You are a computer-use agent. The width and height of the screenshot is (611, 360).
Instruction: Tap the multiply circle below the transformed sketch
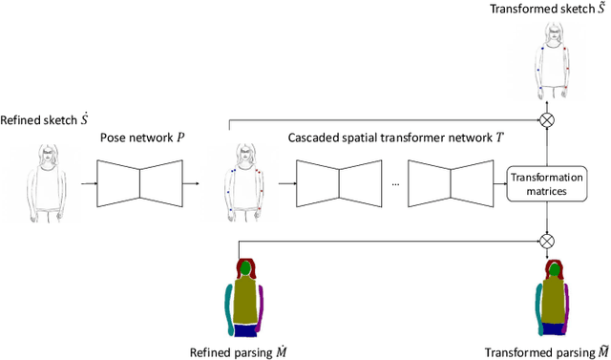547,120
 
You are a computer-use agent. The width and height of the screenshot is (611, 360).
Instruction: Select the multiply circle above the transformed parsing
547,241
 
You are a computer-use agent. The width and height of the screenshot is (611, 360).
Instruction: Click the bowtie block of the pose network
139,183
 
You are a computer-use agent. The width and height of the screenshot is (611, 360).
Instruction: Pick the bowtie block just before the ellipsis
338,183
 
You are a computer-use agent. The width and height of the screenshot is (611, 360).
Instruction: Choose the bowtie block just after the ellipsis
448,183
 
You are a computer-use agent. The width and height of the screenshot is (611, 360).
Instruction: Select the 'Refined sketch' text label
45,120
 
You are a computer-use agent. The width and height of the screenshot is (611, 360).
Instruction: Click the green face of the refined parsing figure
247,270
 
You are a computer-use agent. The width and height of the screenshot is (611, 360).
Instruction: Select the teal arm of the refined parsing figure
228,307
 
